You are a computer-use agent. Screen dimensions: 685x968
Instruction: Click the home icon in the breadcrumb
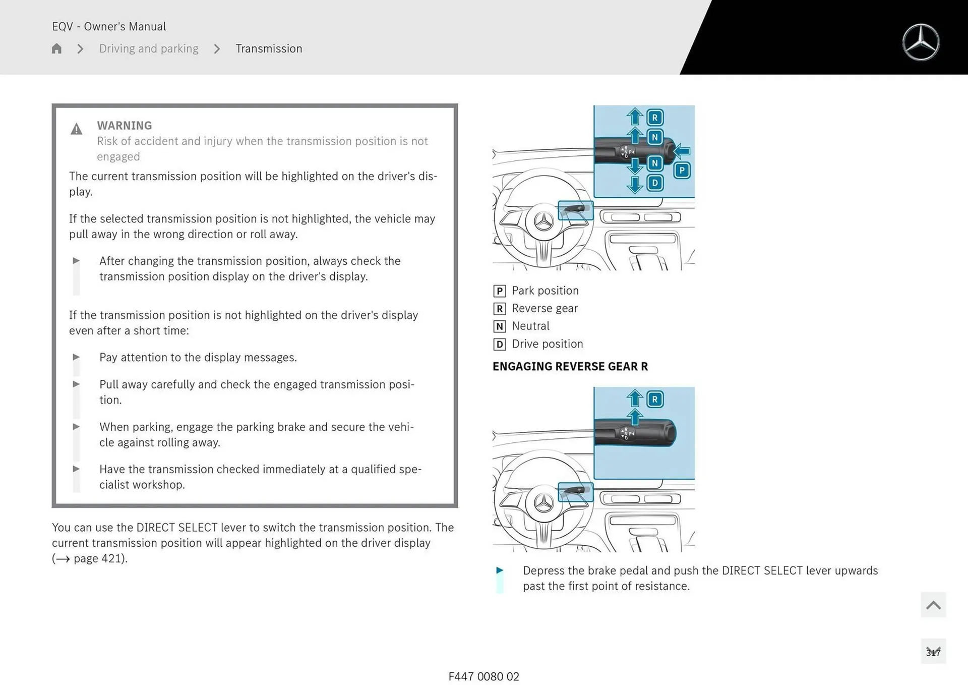click(x=56, y=48)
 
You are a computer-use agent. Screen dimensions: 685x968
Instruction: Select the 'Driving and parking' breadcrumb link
click(x=149, y=48)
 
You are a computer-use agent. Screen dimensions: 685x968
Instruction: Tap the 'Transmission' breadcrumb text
click(x=269, y=48)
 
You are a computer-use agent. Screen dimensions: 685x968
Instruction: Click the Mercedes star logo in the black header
click(x=921, y=42)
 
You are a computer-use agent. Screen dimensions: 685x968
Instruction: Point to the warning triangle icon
click(x=76, y=130)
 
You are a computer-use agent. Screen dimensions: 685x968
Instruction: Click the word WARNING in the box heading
click(x=125, y=126)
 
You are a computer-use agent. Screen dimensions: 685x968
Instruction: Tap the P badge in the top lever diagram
click(x=682, y=170)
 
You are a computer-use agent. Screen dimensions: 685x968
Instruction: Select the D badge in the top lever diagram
click(x=654, y=183)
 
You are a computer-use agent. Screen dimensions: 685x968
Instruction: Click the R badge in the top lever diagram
click(x=654, y=118)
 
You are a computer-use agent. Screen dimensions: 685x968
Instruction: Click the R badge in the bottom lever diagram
click(x=654, y=399)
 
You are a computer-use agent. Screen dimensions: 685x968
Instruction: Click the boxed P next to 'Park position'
click(x=499, y=291)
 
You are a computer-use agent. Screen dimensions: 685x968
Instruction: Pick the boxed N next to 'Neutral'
click(x=499, y=326)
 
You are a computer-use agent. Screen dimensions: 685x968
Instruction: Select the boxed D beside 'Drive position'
click(x=499, y=344)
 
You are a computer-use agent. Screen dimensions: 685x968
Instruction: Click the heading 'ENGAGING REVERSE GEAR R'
click(x=570, y=367)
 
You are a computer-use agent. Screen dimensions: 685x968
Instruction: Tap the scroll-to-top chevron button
click(x=933, y=605)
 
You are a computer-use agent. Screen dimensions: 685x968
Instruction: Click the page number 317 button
click(x=933, y=652)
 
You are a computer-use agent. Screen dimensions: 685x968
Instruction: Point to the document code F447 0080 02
click(x=483, y=676)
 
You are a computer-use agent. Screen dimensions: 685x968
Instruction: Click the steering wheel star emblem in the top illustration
click(x=543, y=221)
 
